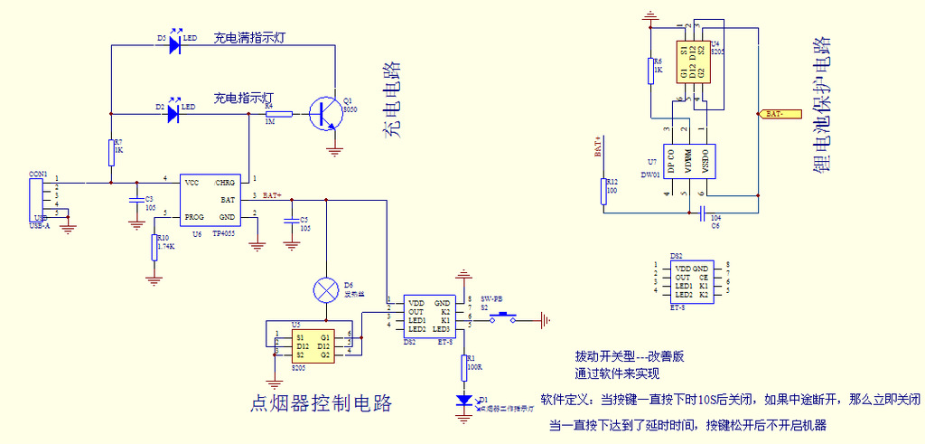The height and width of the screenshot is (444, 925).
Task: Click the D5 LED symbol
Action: pyautogui.click(x=175, y=44)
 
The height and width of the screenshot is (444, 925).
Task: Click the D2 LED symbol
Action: pyautogui.click(x=175, y=113)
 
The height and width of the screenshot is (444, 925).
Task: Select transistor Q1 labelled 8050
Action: pyautogui.click(x=320, y=113)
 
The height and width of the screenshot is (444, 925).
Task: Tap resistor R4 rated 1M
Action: pyautogui.click(x=278, y=114)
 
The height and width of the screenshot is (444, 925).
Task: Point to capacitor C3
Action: pyautogui.click(x=135, y=199)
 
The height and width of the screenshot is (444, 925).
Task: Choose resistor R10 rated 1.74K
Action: pyautogui.click(x=154, y=246)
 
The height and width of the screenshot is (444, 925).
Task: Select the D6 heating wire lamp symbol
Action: pyautogui.click(x=324, y=289)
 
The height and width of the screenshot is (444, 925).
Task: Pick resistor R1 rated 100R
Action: pyautogui.click(x=464, y=366)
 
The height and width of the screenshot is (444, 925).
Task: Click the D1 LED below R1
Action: pyautogui.click(x=464, y=400)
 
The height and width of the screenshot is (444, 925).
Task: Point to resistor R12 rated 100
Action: pyautogui.click(x=604, y=191)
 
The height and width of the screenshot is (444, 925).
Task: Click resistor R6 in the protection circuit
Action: pyautogui.click(x=650, y=70)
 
